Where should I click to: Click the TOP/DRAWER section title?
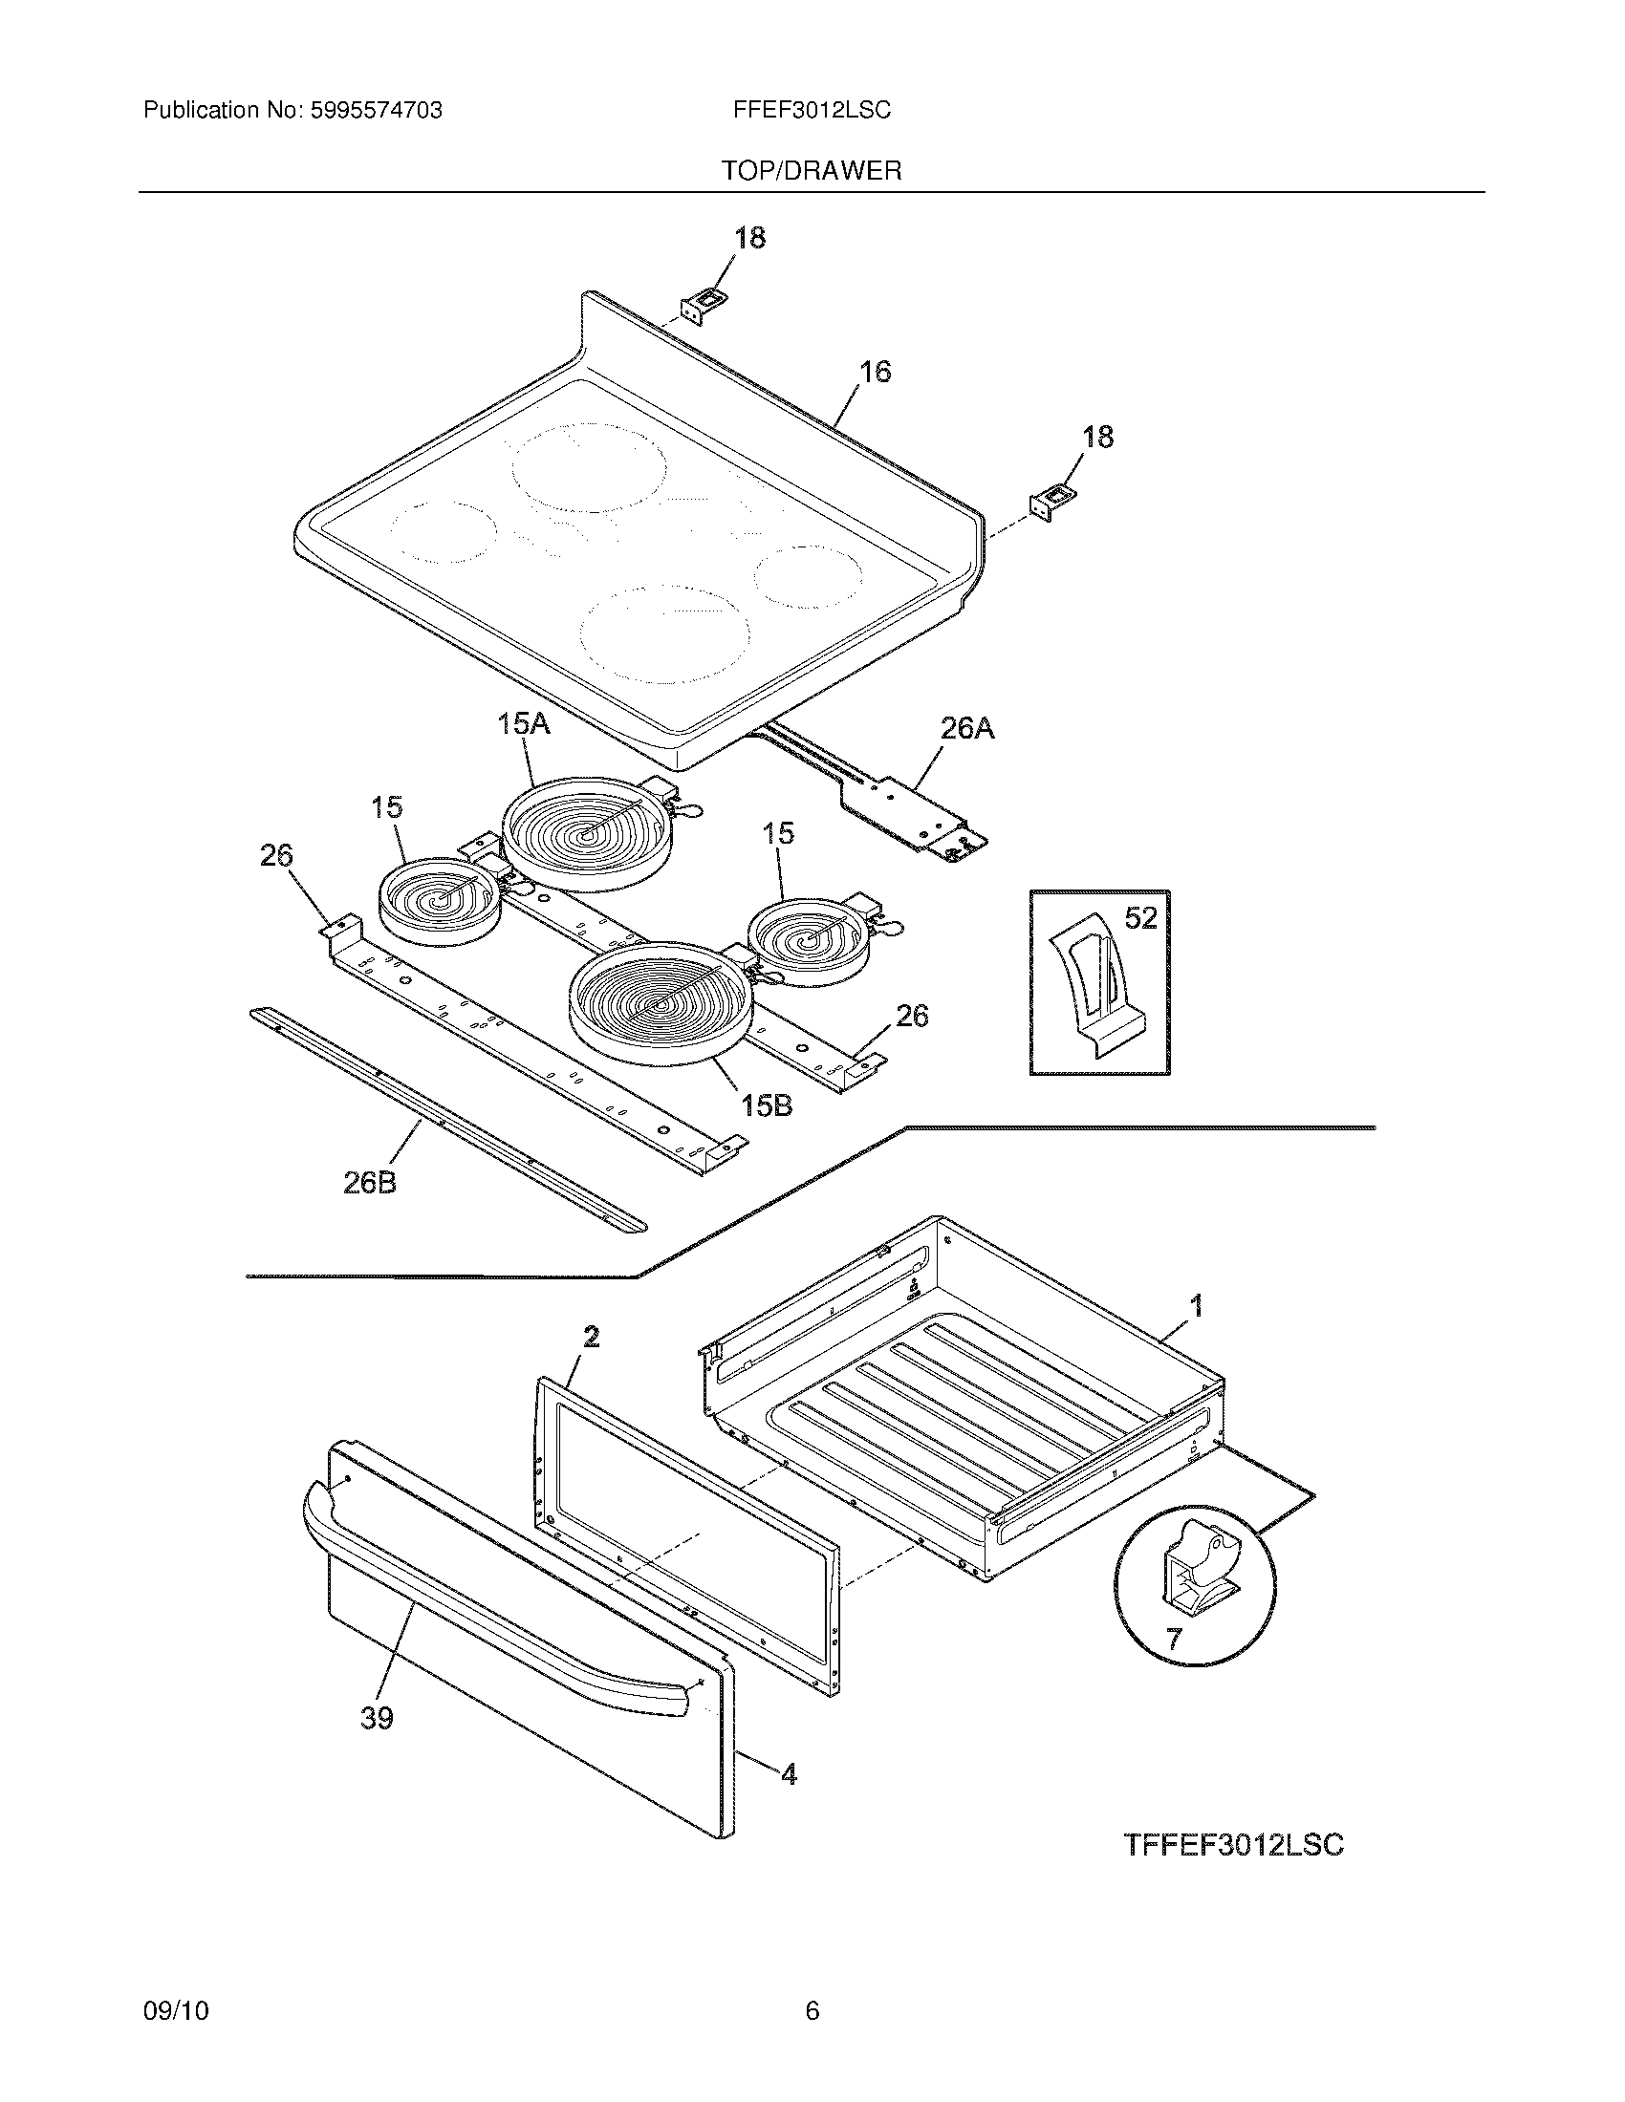[x=812, y=171]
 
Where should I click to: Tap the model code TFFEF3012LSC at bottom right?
[x=1233, y=1845]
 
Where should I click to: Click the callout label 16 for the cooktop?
[x=874, y=372]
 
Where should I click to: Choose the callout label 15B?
[x=767, y=1105]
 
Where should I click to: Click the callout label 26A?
[x=966, y=730]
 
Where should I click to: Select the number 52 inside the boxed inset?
[x=1140, y=918]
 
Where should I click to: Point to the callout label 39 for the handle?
[x=377, y=1718]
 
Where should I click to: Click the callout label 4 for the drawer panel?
[x=789, y=1774]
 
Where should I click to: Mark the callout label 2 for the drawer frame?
[x=591, y=1336]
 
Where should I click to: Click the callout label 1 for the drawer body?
[x=1196, y=1306]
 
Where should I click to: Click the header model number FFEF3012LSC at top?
[x=812, y=111]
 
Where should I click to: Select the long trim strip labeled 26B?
[x=447, y=1122]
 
